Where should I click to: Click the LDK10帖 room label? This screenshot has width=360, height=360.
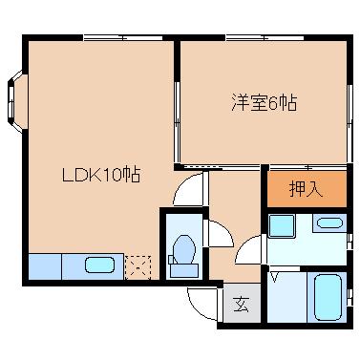click(102, 176)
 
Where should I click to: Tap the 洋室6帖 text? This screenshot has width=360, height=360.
click(262, 102)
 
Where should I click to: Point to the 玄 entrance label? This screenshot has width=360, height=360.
click(241, 305)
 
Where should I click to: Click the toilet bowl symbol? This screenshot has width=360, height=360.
click(182, 253)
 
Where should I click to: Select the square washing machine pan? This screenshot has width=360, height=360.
click(282, 226)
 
